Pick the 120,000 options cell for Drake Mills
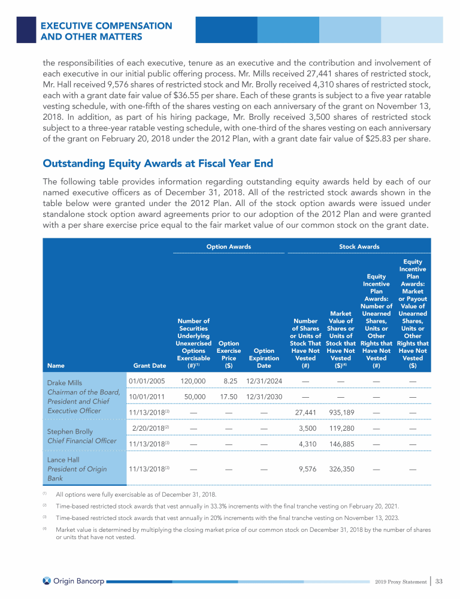pos(193,380)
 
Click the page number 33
pos(439,580)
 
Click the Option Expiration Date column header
pos(264,358)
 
